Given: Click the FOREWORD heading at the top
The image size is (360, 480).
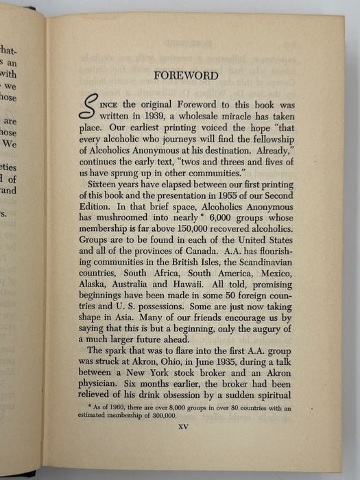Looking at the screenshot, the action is pyautogui.click(x=186, y=76).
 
